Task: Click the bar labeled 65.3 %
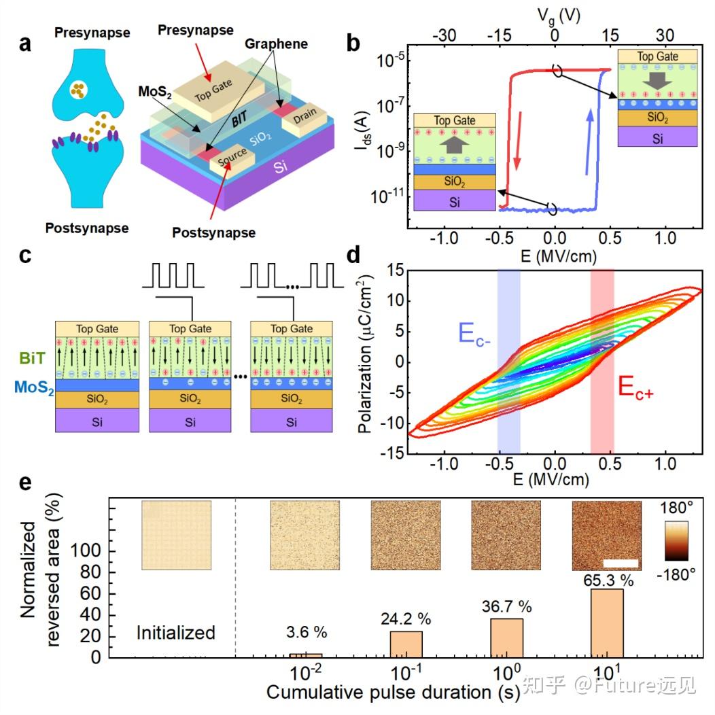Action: point(607,623)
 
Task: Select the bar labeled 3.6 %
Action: point(305,655)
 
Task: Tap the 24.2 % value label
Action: point(406,619)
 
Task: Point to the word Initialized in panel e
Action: point(176,633)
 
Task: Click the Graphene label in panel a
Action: point(277,44)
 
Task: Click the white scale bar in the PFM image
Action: point(620,563)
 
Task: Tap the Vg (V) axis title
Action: point(555,14)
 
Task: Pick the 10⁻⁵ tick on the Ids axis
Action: point(389,61)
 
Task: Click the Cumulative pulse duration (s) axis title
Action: point(394,693)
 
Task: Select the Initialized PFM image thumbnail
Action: point(177,536)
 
